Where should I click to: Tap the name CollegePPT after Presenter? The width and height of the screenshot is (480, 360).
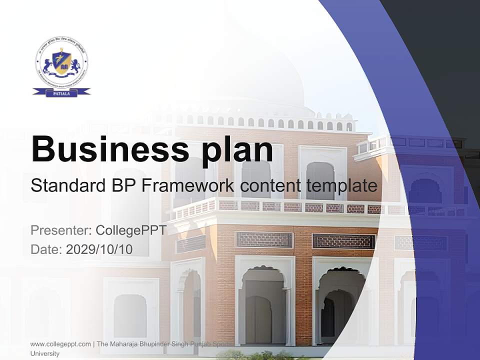click(x=131, y=230)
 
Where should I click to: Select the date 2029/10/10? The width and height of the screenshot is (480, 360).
click(x=99, y=249)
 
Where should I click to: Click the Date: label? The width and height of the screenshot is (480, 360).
click(x=46, y=249)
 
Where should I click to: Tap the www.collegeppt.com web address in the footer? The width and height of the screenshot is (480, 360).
click(x=60, y=344)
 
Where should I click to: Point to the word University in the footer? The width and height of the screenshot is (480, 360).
click(x=45, y=353)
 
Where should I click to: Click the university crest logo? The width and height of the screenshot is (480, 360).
click(x=61, y=62)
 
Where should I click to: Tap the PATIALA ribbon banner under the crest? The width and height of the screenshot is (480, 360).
click(x=61, y=92)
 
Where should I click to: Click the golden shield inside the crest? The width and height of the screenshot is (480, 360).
click(x=61, y=61)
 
